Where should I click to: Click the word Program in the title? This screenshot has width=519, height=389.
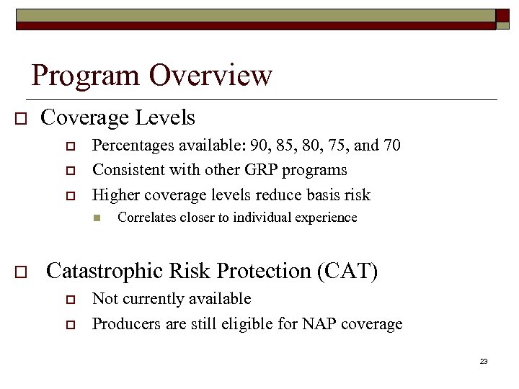coord(86,76)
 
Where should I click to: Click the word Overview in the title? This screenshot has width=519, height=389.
coord(210,75)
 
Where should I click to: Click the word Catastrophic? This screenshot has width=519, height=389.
coord(105,271)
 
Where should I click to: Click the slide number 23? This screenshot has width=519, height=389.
coord(484,361)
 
